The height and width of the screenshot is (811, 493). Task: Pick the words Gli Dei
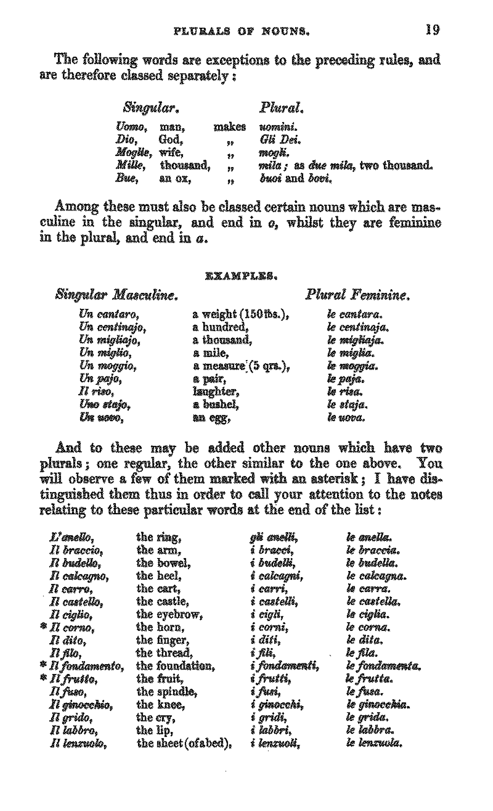(280, 140)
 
